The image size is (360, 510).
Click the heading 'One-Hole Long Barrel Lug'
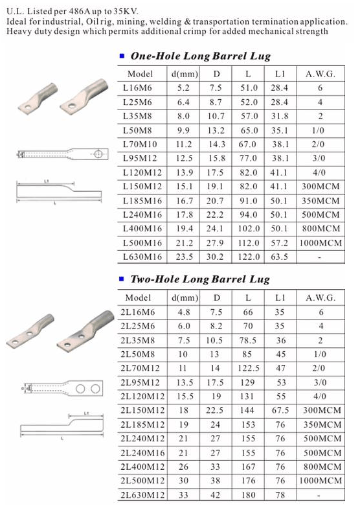pyautogui.click(x=200, y=56)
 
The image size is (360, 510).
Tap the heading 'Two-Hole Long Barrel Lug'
pyautogui.click(x=200, y=280)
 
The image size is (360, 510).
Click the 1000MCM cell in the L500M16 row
pyautogui.click(x=320, y=243)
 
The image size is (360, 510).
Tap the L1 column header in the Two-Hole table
pyautogui.click(x=280, y=297)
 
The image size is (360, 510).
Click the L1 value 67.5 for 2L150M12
pyautogui.click(x=280, y=411)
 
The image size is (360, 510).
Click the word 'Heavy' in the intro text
pyautogui.click(x=19, y=31)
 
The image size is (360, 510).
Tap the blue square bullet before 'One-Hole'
pyautogui.click(x=123, y=57)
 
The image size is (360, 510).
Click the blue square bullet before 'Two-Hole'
pyautogui.click(x=123, y=281)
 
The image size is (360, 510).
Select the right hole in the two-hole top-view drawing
pyautogui.click(x=95, y=388)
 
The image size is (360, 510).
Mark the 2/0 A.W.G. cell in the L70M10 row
pyautogui.click(x=320, y=143)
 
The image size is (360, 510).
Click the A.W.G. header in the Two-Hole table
pyautogui.click(x=320, y=297)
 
